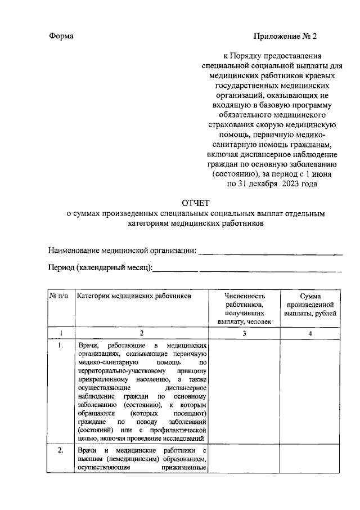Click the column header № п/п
point(59,295)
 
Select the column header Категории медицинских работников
point(134,295)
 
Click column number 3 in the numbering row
point(245,333)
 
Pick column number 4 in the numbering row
point(310,333)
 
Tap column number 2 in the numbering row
point(142,333)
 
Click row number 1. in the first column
point(60,345)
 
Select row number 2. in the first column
point(60,451)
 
